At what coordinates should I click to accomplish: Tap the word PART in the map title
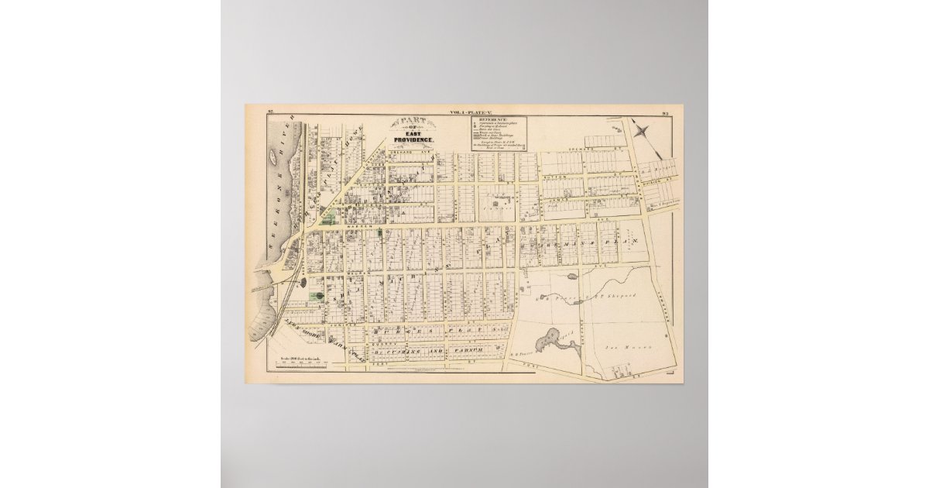click(x=415, y=122)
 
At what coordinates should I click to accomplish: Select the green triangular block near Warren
click(x=328, y=219)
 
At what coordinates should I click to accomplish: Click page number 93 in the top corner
click(x=665, y=113)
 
